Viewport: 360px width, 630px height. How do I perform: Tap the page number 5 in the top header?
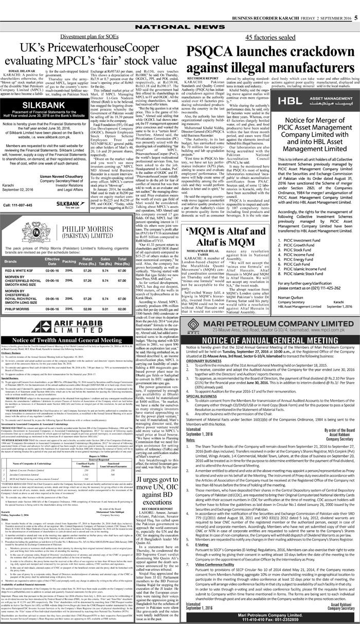(x=355, y=4)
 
